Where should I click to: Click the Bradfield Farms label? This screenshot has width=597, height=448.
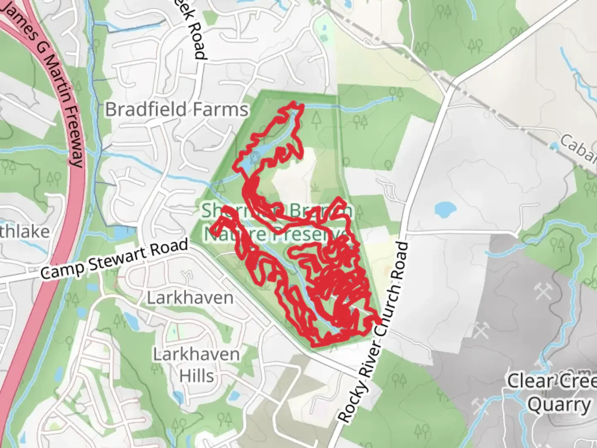(177, 110)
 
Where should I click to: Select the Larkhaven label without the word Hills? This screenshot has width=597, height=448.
(190, 298)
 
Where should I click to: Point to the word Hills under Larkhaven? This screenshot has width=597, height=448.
(197, 375)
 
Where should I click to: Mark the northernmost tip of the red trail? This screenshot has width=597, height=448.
(295, 102)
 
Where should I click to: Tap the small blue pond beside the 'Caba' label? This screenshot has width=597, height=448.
(554, 146)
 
